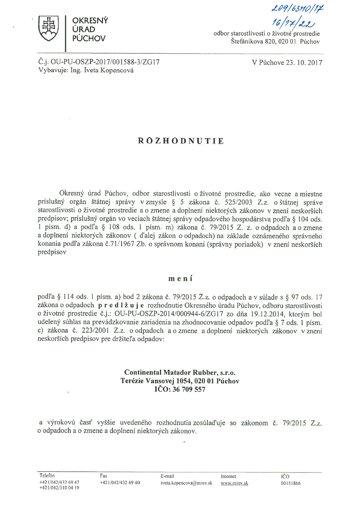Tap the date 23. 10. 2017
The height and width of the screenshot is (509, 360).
click(x=287, y=62)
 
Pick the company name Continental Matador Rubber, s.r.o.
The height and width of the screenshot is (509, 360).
click(x=180, y=373)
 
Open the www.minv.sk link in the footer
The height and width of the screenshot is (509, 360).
click(x=234, y=483)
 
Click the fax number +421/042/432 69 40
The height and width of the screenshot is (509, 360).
click(x=120, y=482)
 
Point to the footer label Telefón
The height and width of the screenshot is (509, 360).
click(x=47, y=476)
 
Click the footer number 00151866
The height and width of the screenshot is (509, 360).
click(x=291, y=483)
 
